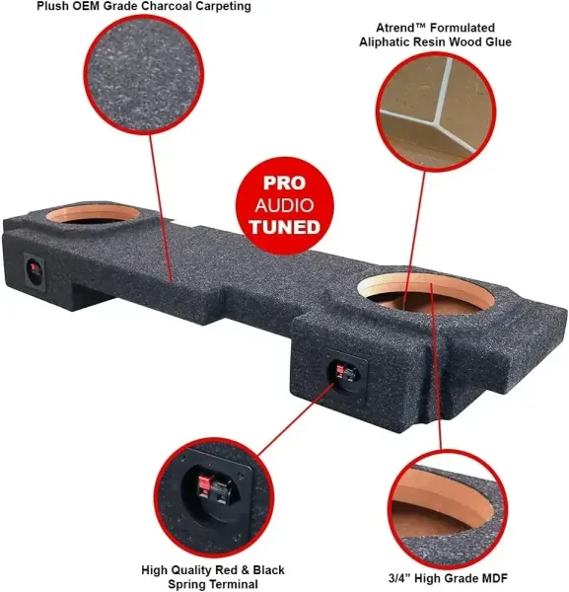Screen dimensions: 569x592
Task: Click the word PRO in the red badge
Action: point(284,183)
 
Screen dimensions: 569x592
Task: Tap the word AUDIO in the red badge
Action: point(284,205)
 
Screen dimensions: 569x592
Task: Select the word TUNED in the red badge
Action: point(284,227)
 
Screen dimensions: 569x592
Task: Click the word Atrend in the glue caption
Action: point(395,28)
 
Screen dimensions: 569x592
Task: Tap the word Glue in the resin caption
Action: point(498,41)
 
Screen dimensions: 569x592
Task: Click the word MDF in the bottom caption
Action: point(495,577)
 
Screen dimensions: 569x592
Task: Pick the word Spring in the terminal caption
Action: point(187,584)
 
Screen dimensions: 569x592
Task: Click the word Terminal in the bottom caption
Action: point(234,584)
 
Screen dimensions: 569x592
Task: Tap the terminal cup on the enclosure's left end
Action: point(35,271)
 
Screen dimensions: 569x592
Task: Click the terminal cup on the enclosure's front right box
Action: point(347,374)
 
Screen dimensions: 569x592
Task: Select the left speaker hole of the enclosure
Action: point(93,215)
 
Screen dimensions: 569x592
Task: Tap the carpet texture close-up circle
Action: point(143,75)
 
